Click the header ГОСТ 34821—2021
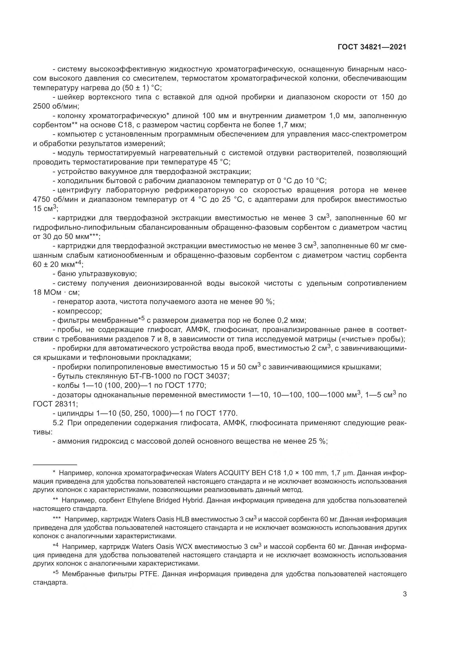pyautogui.click(x=372, y=47)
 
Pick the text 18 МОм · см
pyautogui.click(x=56, y=292)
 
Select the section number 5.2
pyautogui.click(x=58, y=423)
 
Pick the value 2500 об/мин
pyautogui.click(x=56, y=106)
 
